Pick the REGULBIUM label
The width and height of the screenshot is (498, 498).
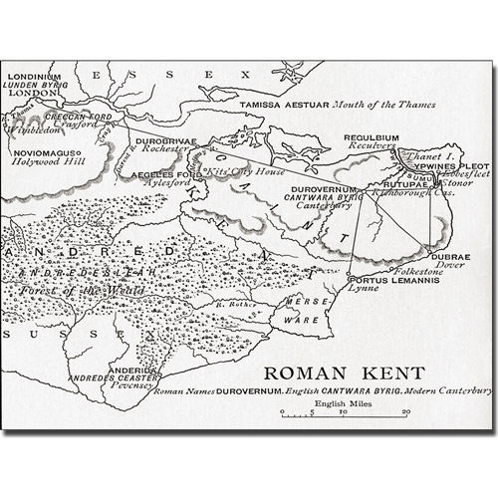click(372, 137)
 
